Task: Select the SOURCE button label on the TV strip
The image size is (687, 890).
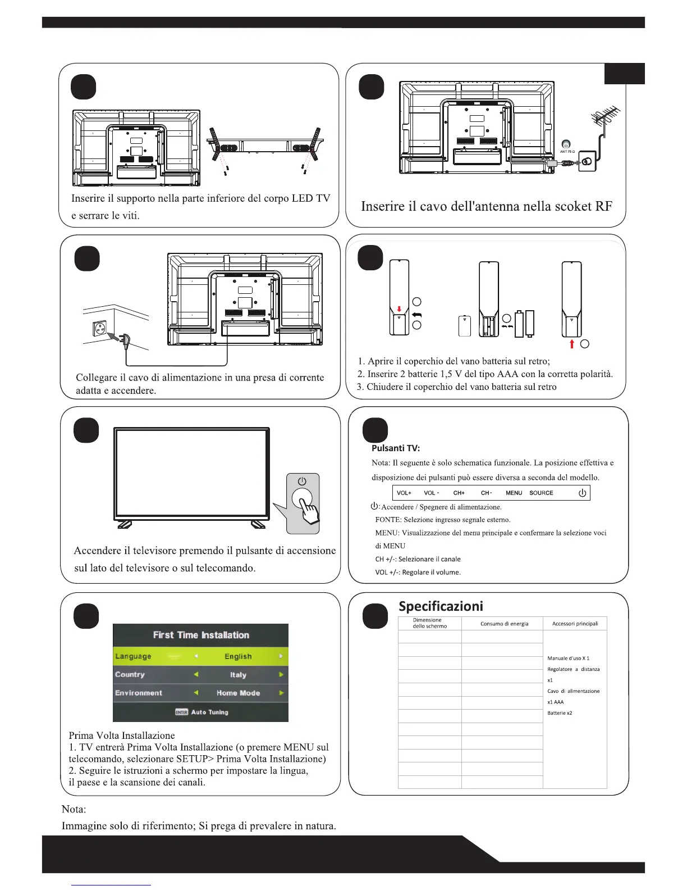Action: point(541,493)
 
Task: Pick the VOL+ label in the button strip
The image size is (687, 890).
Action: point(404,493)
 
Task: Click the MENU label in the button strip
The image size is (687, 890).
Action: point(514,493)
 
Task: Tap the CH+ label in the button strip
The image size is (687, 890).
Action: point(459,493)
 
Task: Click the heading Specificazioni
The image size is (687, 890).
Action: point(441,606)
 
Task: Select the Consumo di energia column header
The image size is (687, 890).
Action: point(504,624)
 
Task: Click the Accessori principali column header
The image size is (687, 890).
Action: point(575,624)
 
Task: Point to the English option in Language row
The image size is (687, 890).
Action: point(238,656)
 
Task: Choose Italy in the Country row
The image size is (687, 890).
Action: point(238,675)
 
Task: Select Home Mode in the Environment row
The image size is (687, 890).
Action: point(238,693)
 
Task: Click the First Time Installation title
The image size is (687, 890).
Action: point(201,635)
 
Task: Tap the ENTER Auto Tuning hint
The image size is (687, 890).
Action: point(201,712)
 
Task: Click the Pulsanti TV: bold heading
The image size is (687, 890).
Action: point(396,448)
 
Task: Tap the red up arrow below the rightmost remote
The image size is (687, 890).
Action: point(572,343)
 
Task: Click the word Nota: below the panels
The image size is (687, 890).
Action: point(74,809)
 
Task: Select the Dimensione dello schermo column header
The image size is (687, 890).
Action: point(429,623)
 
